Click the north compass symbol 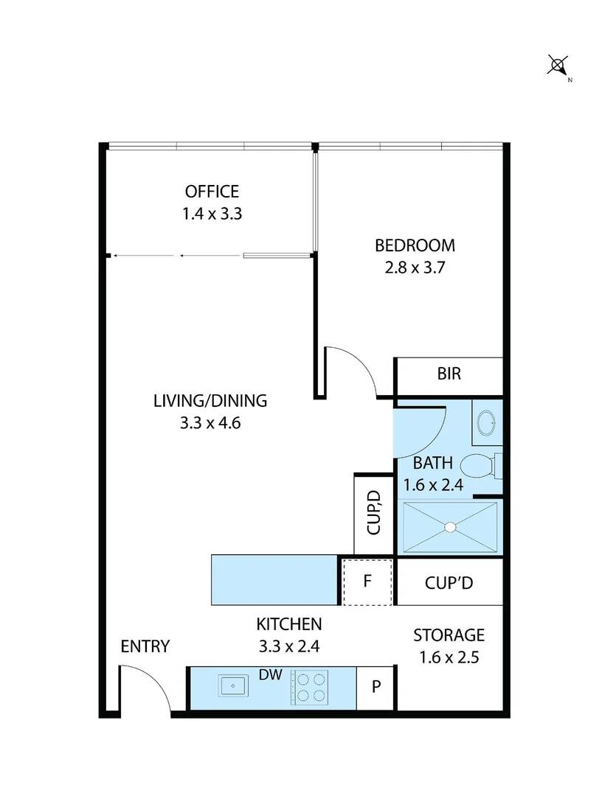pyautogui.click(x=558, y=66)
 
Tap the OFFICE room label pyautogui.click(x=212, y=192)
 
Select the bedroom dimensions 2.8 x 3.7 pyautogui.click(x=415, y=268)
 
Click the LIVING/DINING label pyautogui.click(x=210, y=401)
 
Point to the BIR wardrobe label pyautogui.click(x=449, y=374)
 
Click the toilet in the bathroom pyautogui.click(x=478, y=466)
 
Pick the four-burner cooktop pyautogui.click(x=310, y=687)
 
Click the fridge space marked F pyautogui.click(x=367, y=581)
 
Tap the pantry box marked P pyautogui.click(x=376, y=687)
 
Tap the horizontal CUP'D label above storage pyautogui.click(x=449, y=582)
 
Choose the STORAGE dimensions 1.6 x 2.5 pyautogui.click(x=449, y=657)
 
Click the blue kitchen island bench pyautogui.click(x=274, y=579)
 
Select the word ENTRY pyautogui.click(x=145, y=646)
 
